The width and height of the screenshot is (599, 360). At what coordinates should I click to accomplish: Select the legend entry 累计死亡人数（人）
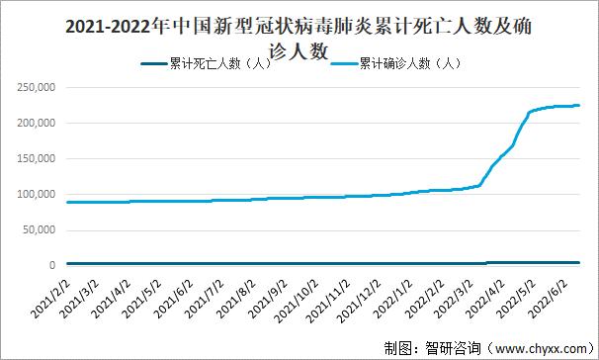click(x=216, y=64)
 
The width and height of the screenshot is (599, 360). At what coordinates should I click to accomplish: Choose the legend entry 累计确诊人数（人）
click(x=406, y=64)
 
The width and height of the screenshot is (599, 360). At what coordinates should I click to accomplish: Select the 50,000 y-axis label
click(x=42, y=229)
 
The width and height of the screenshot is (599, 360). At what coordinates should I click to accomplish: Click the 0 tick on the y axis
click(x=56, y=265)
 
